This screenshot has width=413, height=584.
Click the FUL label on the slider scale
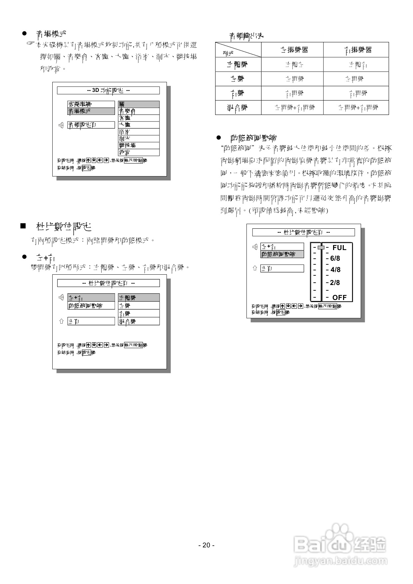(339, 248)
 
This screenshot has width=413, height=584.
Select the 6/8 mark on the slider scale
(335, 258)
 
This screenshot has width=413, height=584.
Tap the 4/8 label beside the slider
(335, 270)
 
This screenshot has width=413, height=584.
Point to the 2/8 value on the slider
(335, 283)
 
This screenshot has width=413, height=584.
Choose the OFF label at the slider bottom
(339, 297)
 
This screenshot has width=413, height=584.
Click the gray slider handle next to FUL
(321, 247)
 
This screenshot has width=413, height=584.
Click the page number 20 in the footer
(206, 545)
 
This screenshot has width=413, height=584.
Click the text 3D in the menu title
(96, 90)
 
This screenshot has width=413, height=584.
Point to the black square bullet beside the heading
(23, 226)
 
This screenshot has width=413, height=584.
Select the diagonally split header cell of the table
(238, 50)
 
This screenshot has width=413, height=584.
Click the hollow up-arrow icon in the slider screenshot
(255, 268)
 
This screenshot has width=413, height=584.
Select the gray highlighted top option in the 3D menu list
(139, 104)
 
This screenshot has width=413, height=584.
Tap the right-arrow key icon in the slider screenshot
(300, 306)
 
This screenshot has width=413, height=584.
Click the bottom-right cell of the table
(356, 108)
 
